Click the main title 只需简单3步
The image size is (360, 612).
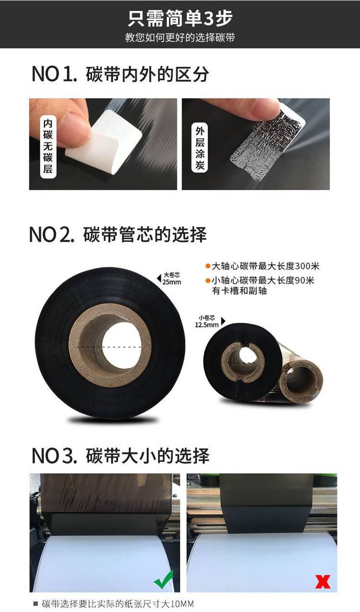pyautogui.click(x=180, y=19)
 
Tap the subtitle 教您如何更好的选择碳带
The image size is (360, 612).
pyautogui.click(x=180, y=37)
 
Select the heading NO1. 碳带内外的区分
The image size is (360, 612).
pyautogui.click(x=120, y=74)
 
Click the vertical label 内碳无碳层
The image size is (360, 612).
pyautogui.click(x=48, y=146)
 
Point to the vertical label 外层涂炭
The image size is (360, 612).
pyautogui.click(x=200, y=148)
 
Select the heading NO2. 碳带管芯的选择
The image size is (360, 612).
pyautogui.click(x=118, y=235)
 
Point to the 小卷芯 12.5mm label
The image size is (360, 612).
pyautogui.click(x=210, y=321)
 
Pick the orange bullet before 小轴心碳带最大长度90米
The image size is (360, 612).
pyautogui.click(x=208, y=281)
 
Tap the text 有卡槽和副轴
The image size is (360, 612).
pyautogui.click(x=239, y=291)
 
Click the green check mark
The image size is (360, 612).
pyautogui.click(x=164, y=579)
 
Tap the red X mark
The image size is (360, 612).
pyautogui.click(x=323, y=581)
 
